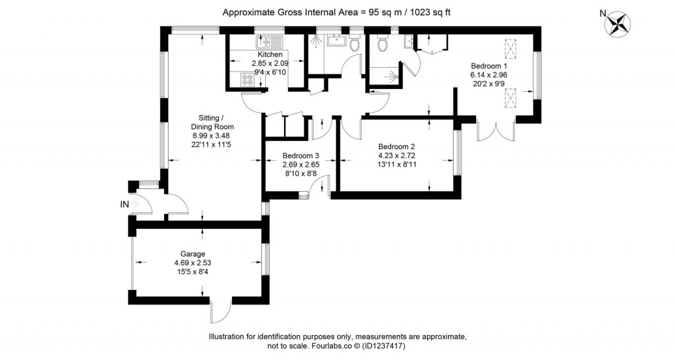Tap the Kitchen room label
pyautogui.click(x=270, y=55)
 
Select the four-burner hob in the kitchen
pyautogui.click(x=249, y=80)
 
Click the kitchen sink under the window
pyautogui.click(x=268, y=44)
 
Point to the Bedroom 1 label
pyautogui.click(x=488, y=66)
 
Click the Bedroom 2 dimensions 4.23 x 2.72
pyautogui.click(x=396, y=156)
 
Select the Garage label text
pyautogui.click(x=193, y=253)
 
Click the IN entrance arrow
pyautogui.click(x=134, y=204)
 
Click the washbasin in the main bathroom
pyautogui.click(x=336, y=40)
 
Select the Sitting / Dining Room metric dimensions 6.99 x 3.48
pyautogui.click(x=212, y=135)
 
